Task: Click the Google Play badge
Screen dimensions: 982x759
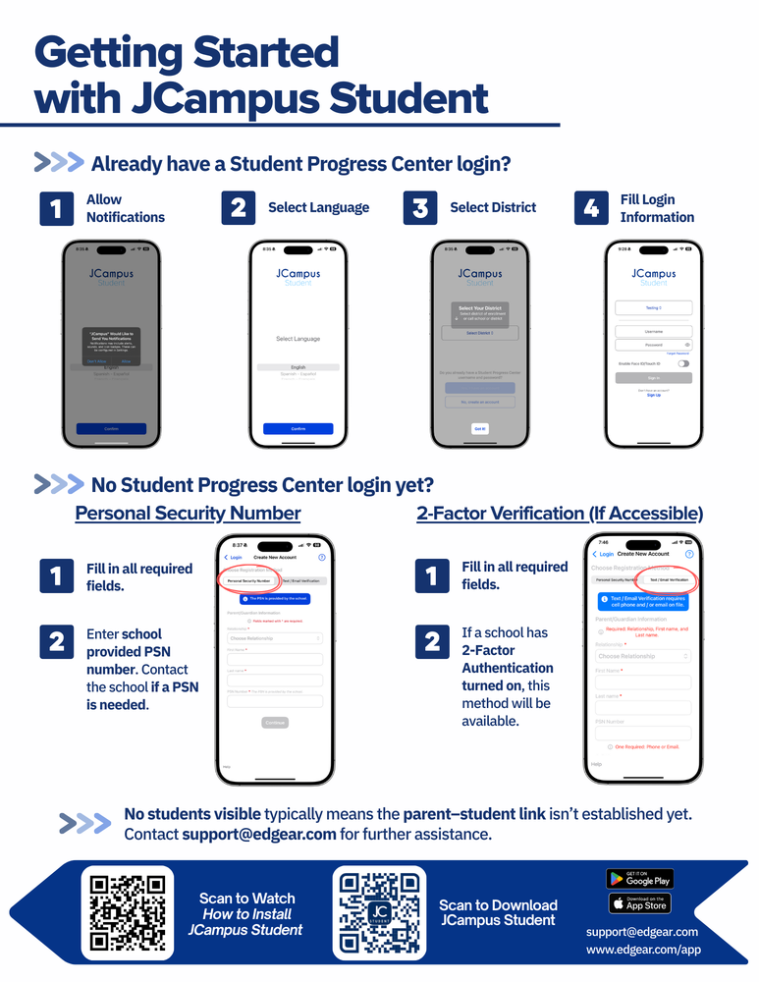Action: tap(639, 879)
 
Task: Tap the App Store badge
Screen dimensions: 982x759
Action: tap(639, 903)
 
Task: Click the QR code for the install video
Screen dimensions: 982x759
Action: tap(127, 913)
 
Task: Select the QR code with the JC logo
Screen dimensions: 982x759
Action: tap(379, 913)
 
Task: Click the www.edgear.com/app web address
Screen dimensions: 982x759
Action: tap(643, 950)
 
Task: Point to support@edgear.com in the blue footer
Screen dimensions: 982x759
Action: tap(642, 931)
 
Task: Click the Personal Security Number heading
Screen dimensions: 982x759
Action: tap(188, 514)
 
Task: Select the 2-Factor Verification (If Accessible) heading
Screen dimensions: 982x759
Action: tap(560, 514)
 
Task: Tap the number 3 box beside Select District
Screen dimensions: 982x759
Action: tap(420, 208)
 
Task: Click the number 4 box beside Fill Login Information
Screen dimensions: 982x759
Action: tap(591, 208)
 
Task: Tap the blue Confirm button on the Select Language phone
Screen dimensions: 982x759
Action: tap(298, 429)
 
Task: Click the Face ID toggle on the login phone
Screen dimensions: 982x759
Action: tap(683, 363)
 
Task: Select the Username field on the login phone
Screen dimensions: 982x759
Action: tap(653, 332)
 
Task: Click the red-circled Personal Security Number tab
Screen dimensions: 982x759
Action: tap(248, 580)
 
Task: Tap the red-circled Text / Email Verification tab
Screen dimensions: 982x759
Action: tap(667, 579)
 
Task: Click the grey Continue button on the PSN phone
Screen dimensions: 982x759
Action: tap(275, 723)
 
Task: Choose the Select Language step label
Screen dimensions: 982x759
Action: tap(318, 208)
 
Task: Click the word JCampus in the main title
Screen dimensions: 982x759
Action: tap(222, 99)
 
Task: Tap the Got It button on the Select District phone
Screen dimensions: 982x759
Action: tap(479, 429)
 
